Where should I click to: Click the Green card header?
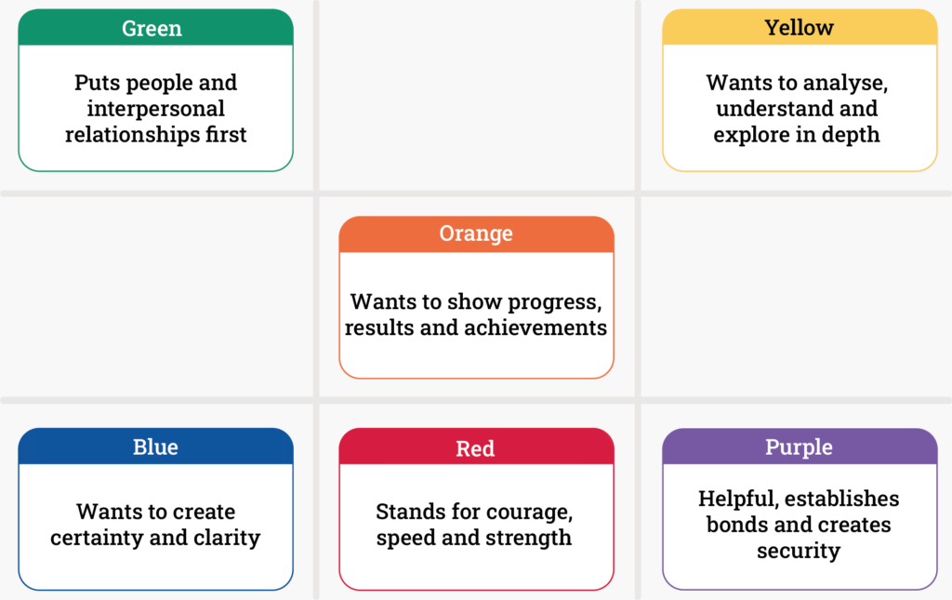pyautogui.click(x=155, y=28)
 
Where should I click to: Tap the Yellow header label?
pyautogui.click(x=799, y=28)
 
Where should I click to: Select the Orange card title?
pyautogui.click(x=476, y=234)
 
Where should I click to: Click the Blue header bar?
pyautogui.click(x=155, y=447)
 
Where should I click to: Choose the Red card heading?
pyautogui.click(x=476, y=448)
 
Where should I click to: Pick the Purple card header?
pyautogui.click(x=799, y=447)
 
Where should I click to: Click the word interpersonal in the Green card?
pyautogui.click(x=156, y=109)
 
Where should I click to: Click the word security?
pyautogui.click(x=799, y=551)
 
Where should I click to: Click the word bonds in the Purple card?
pyautogui.click(x=738, y=525)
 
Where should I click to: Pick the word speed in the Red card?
pyautogui.click(x=407, y=539)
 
